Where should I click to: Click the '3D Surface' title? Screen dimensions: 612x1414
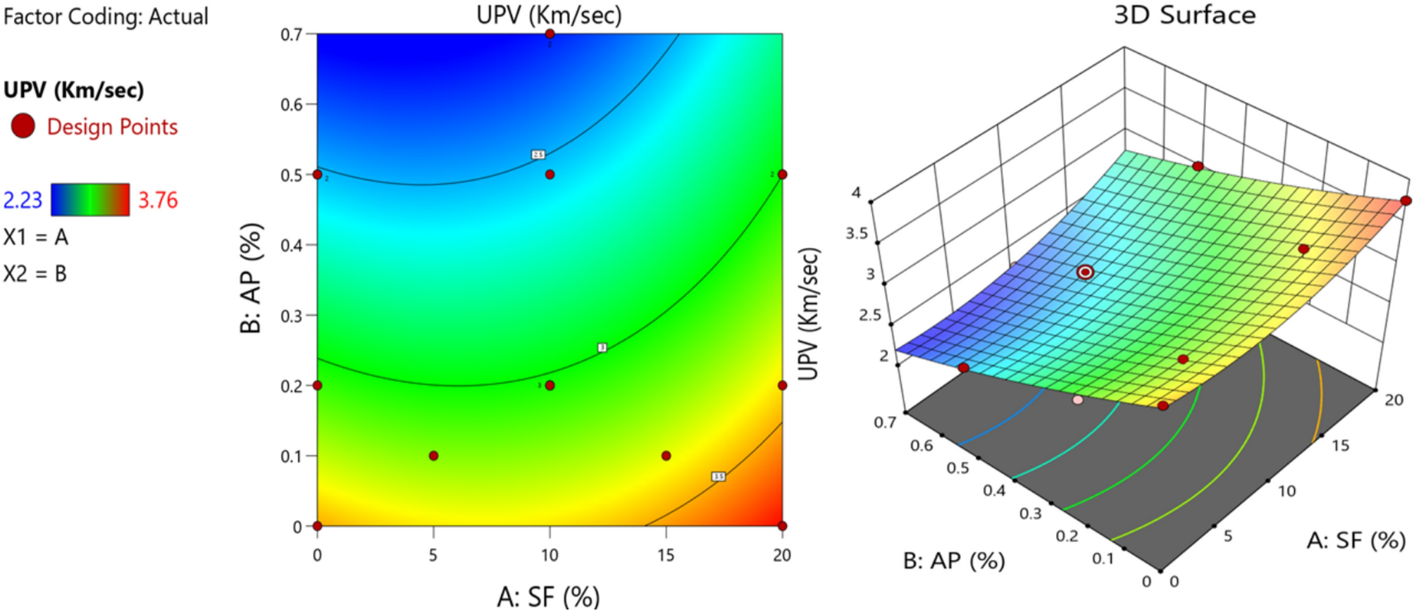pyautogui.click(x=1184, y=15)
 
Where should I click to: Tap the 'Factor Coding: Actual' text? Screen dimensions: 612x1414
pyautogui.click(x=106, y=16)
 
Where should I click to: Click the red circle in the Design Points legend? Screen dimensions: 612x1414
pyautogui.click(x=23, y=126)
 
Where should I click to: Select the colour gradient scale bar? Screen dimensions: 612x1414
pyautogui.click(x=90, y=200)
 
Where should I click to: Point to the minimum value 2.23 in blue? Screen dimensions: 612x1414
pyautogui.click(x=23, y=201)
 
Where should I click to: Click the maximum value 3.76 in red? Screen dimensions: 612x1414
pyautogui.click(x=158, y=201)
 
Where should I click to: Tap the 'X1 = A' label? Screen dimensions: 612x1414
pyautogui.click(x=36, y=237)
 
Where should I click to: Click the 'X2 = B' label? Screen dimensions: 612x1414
pyautogui.click(x=35, y=273)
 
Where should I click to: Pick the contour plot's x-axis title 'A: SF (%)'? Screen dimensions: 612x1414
pyautogui.click(x=548, y=597)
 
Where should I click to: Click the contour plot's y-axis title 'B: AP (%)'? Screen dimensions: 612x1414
pyautogui.click(x=252, y=277)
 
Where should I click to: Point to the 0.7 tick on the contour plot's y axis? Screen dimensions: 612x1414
pyautogui.click(x=292, y=35)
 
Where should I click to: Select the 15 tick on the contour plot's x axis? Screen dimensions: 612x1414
pyautogui.click(x=666, y=556)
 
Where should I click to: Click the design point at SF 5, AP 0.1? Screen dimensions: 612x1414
pyautogui.click(x=433, y=456)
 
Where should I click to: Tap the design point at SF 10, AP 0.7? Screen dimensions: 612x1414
pyautogui.click(x=550, y=34)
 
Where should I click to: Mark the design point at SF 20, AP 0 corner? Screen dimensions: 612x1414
pyautogui.click(x=782, y=525)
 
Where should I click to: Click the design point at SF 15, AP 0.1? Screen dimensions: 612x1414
pyautogui.click(x=666, y=456)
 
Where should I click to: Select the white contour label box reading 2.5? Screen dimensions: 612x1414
pyautogui.click(x=538, y=154)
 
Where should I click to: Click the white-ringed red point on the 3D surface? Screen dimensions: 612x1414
pyautogui.click(x=1086, y=272)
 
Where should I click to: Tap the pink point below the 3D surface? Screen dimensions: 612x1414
pyautogui.click(x=1077, y=400)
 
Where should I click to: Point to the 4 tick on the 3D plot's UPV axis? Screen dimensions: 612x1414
pyautogui.click(x=856, y=193)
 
